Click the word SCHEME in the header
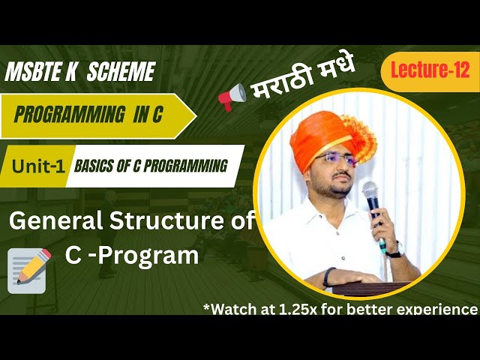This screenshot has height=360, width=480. tap(121, 72)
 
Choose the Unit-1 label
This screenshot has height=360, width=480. tap(37, 166)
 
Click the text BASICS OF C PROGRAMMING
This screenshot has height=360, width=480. tap(151, 166)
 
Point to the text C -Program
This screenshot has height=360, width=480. tap(131, 256)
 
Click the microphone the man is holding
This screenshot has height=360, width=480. tap(371, 196)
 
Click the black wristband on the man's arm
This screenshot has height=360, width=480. tap(329, 277)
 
